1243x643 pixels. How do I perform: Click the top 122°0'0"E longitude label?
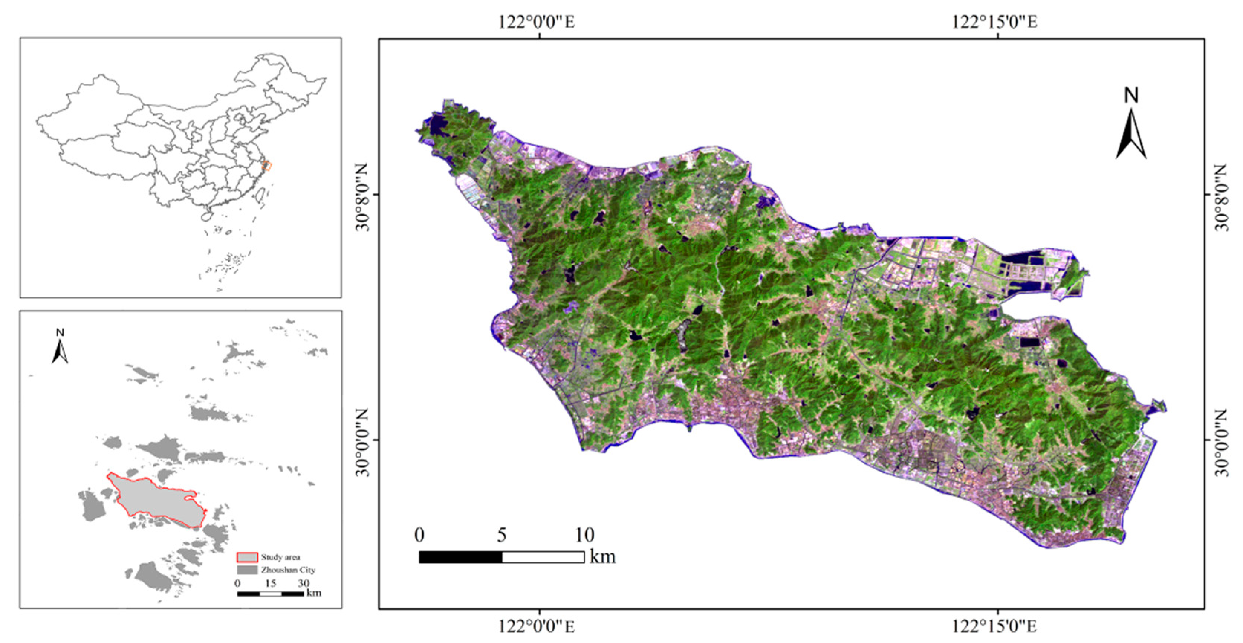coord(536,22)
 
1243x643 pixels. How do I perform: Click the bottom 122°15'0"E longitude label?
coord(994,627)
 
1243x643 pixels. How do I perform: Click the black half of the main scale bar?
coord(460,557)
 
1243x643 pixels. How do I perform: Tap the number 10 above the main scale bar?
coord(584,535)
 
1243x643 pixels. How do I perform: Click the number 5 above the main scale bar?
coord(502,535)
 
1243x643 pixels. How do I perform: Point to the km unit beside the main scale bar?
coord(603,557)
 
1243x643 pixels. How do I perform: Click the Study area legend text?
coord(280,557)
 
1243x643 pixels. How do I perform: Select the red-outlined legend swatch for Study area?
coord(247,558)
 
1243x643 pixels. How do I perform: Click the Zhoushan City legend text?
coord(288,570)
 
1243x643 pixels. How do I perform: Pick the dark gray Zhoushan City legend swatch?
coord(247,570)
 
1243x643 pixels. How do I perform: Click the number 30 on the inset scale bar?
coord(303,583)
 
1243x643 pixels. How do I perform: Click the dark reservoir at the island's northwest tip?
coord(439,124)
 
